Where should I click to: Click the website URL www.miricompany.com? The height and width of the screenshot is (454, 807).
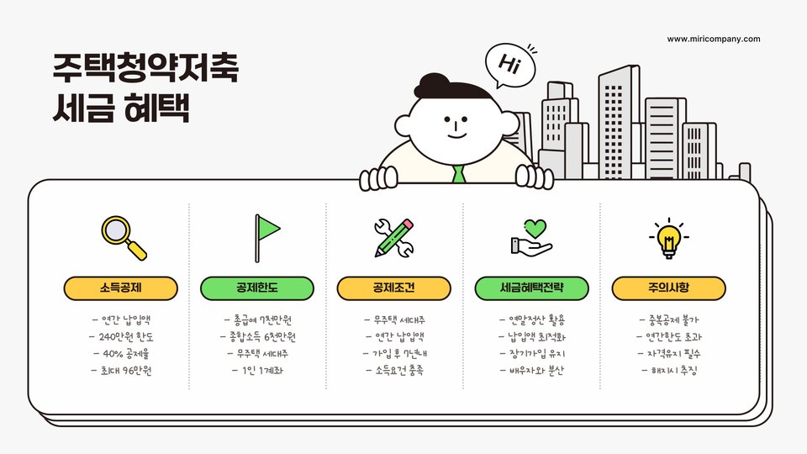(x=713, y=39)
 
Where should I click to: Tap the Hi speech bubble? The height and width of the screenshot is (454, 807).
(x=509, y=64)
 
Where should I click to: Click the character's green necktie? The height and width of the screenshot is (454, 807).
(x=458, y=174)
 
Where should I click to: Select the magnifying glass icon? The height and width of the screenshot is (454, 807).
(x=123, y=237)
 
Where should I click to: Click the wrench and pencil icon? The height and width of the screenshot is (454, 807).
(x=393, y=237)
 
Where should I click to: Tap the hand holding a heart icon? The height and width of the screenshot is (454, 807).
(x=531, y=237)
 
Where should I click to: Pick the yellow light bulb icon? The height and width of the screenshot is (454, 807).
(x=668, y=237)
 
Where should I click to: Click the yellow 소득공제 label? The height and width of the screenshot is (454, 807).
(x=120, y=288)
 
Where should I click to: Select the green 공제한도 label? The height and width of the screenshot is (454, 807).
(x=256, y=288)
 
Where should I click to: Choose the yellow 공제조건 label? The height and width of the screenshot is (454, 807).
(x=393, y=288)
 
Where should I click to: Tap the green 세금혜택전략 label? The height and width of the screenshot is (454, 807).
(x=530, y=288)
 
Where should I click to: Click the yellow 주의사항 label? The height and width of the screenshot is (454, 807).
(x=668, y=288)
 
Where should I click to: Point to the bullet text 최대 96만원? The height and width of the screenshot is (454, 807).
(x=121, y=370)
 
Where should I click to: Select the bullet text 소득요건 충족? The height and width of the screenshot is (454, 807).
(x=394, y=370)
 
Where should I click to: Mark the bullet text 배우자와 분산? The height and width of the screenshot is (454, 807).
(x=531, y=370)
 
